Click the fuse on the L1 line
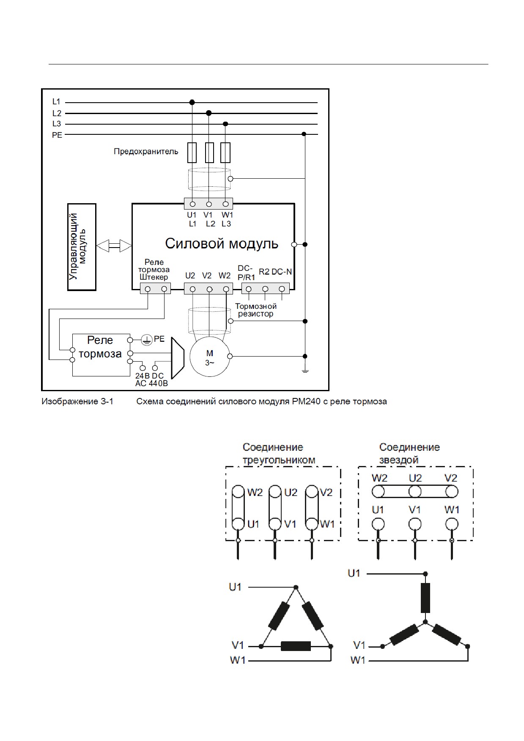pos(192,153)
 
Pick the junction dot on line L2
pos(209,113)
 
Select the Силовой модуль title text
pos(222,244)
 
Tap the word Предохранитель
pos(146,151)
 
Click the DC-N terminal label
pos(282,272)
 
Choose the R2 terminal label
pos(264,272)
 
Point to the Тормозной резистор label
pos(256,310)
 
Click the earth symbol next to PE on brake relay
pos(146,340)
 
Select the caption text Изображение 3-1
pos(77,401)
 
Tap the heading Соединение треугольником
pos(279,454)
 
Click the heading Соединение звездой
pos(409,454)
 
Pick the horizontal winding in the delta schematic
pos(296,646)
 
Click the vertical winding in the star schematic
pos(425,597)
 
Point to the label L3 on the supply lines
pos(57,124)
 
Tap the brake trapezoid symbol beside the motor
pos(177,357)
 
